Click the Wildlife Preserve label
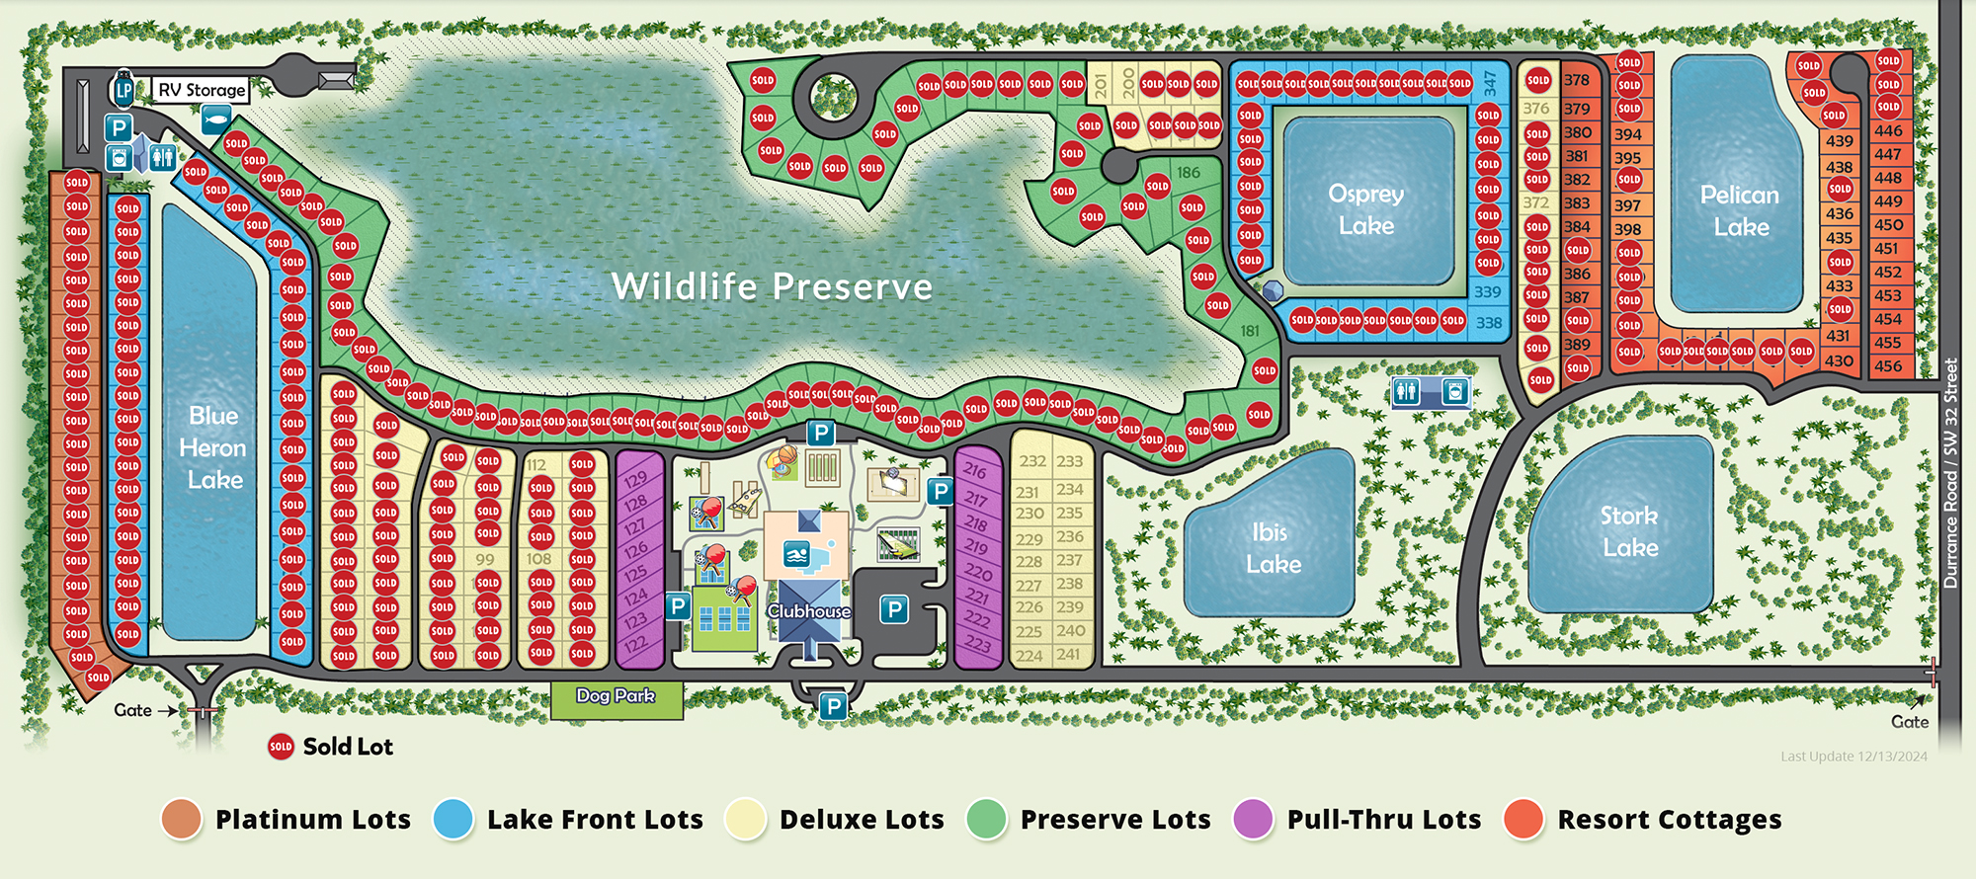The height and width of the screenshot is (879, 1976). tap(772, 286)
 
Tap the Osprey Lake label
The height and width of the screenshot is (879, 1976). tap(1366, 209)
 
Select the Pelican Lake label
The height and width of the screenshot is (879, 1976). tap(1740, 210)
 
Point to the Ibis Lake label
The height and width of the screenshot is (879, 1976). tap(1273, 548)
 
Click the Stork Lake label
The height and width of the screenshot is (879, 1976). tap(1630, 531)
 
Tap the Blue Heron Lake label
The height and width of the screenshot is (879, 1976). tap(213, 447)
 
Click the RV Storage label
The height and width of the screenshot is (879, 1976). tap(202, 90)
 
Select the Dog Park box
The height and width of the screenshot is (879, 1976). tap(617, 696)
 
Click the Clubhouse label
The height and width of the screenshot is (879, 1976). tap(809, 611)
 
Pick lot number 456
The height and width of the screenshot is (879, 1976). tap(1888, 365)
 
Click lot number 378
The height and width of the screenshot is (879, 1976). tap(1577, 80)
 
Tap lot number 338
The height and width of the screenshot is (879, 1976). tap(1489, 322)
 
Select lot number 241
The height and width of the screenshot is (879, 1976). tap(1068, 654)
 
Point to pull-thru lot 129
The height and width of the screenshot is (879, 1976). tap(635, 479)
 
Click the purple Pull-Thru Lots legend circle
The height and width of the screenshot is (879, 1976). tap(1254, 820)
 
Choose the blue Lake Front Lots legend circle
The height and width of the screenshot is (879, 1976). tap(453, 820)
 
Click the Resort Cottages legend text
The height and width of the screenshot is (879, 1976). tap(1669, 820)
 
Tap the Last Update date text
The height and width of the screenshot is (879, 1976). tap(1853, 757)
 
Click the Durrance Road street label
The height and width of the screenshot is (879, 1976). tap(1950, 474)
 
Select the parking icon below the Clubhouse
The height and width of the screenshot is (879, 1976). tap(834, 706)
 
